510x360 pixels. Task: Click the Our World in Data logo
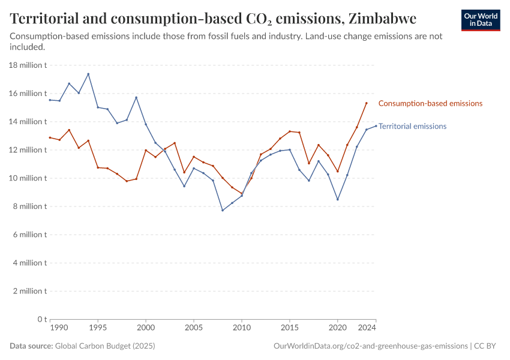tap(481, 20)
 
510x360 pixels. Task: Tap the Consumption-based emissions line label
tap(430, 103)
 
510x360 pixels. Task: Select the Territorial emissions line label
tap(413, 126)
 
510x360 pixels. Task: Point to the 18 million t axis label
tap(28, 65)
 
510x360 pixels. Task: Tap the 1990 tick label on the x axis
tap(58, 328)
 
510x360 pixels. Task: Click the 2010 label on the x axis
tap(242, 328)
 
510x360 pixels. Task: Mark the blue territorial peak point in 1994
tap(88, 74)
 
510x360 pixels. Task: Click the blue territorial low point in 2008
tap(223, 210)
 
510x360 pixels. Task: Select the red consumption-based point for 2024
tap(367, 103)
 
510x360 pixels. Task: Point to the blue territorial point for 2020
tap(338, 199)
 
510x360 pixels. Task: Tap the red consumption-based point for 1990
tap(50, 137)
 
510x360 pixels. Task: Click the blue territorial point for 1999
tap(136, 97)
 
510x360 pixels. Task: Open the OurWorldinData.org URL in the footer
tap(370, 346)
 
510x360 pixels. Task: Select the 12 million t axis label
tap(28, 150)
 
